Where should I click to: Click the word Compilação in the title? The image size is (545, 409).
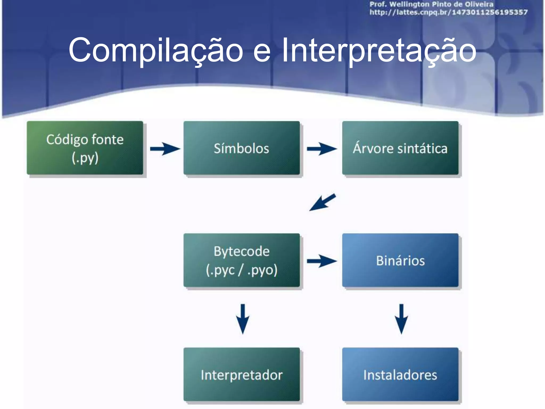pos(156,51)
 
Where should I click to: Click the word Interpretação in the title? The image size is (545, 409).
pos(379,51)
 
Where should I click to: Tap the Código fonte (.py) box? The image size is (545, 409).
pos(85,148)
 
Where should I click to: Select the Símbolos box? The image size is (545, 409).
pos(242,148)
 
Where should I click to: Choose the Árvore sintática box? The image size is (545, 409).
pos(400,148)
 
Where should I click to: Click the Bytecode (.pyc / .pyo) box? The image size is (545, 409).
pos(242,260)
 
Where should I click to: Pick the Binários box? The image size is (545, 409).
pos(400,260)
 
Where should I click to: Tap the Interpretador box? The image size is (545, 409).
pos(242,374)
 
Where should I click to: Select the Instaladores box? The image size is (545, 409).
pos(400,374)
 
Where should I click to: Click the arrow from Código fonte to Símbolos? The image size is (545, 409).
pos(165,149)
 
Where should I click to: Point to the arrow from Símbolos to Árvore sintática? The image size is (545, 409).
pos(322,149)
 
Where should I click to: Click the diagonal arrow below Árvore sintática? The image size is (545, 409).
pos(323,202)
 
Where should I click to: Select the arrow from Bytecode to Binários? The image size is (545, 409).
pos(322,261)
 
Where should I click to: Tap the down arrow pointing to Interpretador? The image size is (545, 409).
pos(243,319)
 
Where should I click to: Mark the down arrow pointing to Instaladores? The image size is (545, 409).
pos(401,319)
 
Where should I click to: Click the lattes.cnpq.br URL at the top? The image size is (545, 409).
pos(448,12)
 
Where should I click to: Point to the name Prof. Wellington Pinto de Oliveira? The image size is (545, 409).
pos(431,4)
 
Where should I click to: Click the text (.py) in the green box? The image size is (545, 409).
pos(85,158)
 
